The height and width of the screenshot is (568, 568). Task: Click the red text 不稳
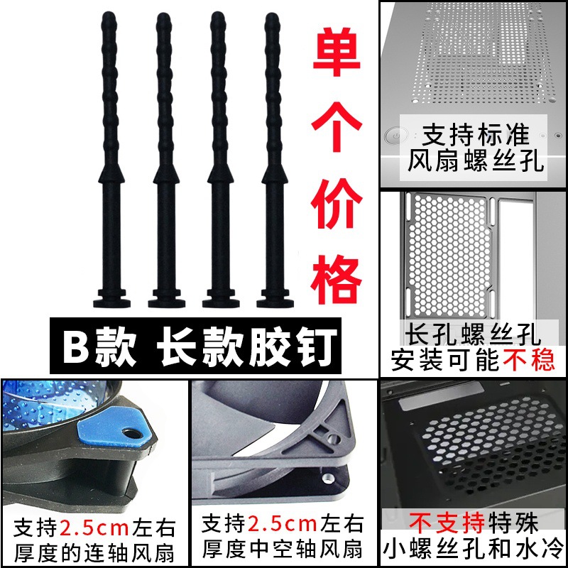coord(529,361)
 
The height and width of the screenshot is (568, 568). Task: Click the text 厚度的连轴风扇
coord(94,551)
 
